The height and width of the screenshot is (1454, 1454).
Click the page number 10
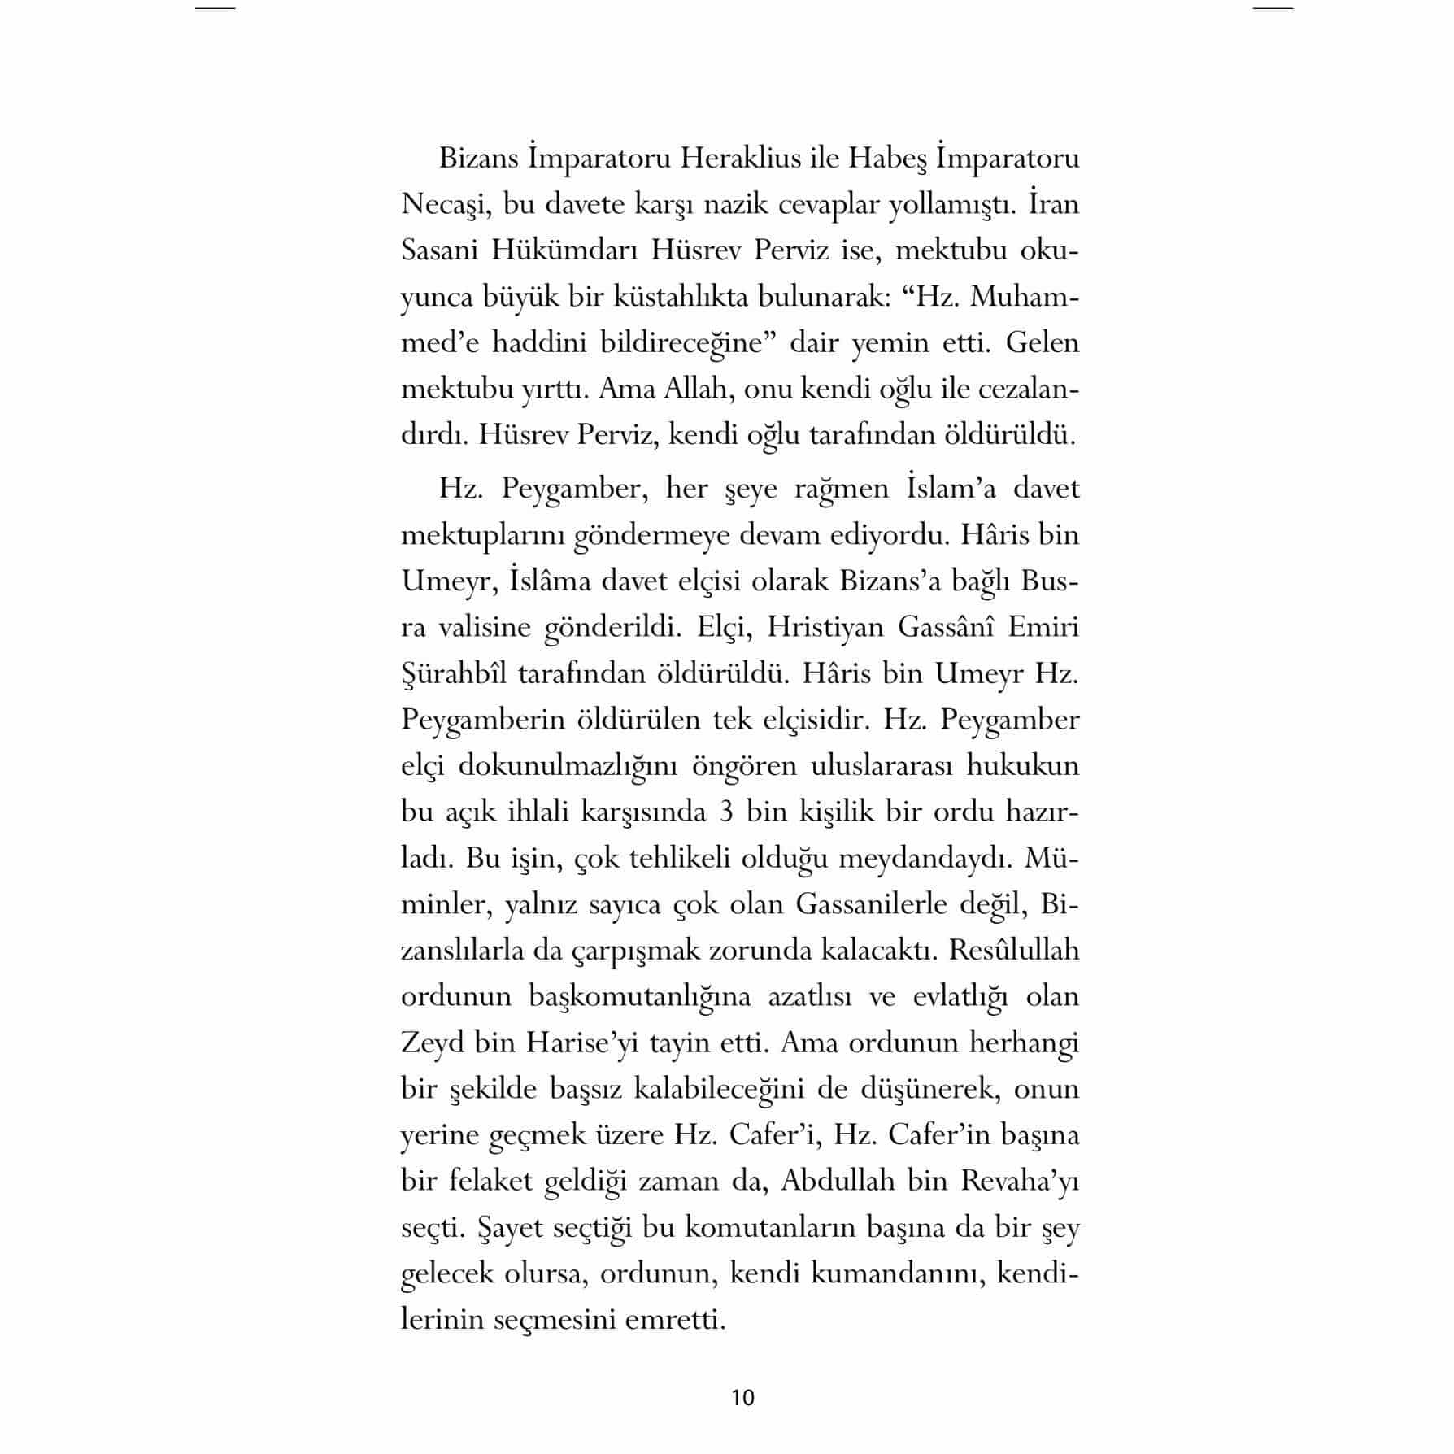(x=743, y=1397)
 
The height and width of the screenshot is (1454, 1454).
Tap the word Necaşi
(x=443, y=204)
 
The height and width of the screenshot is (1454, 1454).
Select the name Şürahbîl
(x=454, y=673)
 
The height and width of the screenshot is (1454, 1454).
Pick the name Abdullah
(x=838, y=1181)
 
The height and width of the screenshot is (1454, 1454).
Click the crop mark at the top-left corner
(x=215, y=8)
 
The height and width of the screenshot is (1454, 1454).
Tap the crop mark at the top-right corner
(x=1273, y=8)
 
